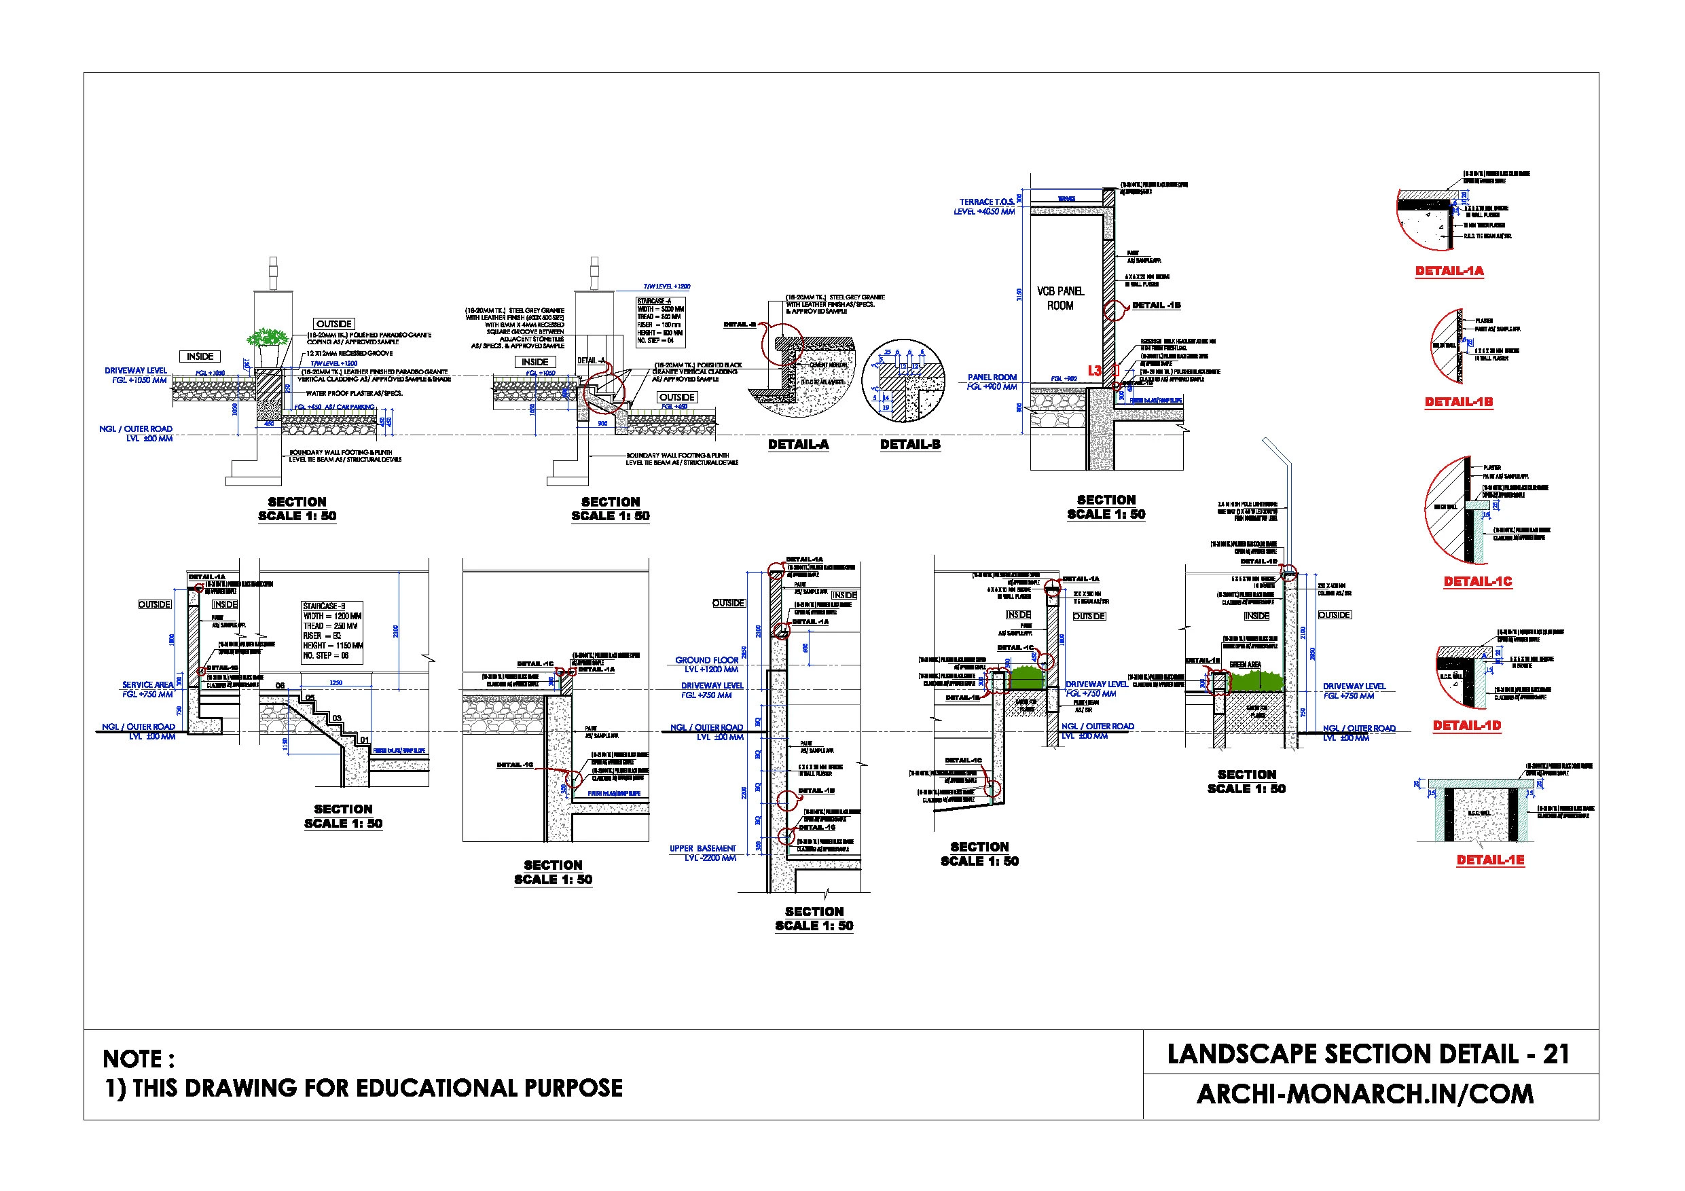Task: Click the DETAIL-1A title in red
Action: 1449,272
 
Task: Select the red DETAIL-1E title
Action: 1490,860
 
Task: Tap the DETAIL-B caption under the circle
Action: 910,445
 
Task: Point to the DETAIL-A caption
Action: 798,445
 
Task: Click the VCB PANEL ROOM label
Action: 1059,299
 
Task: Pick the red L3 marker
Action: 1094,371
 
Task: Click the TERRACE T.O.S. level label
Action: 985,207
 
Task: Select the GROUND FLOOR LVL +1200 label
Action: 707,665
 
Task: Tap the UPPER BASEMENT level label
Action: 702,854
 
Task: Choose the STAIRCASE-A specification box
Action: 661,321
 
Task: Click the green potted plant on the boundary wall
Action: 267,339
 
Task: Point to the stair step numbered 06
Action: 280,686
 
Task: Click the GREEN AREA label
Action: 1245,665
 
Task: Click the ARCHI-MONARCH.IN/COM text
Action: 1365,1094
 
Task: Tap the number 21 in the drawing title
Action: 1556,1055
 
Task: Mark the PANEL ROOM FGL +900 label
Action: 992,382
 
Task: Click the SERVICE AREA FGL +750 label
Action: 147,690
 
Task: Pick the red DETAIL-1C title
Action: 1477,582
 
